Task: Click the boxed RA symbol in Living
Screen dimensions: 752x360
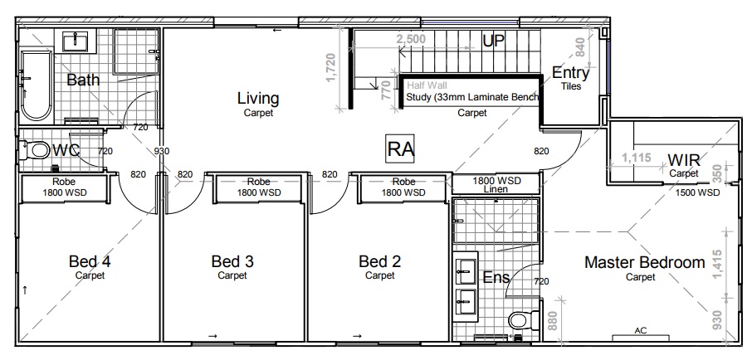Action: (400, 148)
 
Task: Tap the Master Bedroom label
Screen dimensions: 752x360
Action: (645, 262)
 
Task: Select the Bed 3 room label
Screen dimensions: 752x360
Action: (232, 261)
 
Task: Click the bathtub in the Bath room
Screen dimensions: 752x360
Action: (36, 85)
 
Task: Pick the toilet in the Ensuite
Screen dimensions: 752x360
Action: (524, 319)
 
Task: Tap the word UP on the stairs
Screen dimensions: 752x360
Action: (494, 41)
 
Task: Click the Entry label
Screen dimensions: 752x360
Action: (571, 72)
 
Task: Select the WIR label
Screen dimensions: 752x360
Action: (684, 159)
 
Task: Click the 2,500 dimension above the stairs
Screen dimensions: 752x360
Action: (411, 39)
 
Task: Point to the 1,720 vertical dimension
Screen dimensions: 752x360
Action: (330, 67)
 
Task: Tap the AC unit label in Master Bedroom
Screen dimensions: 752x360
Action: (641, 330)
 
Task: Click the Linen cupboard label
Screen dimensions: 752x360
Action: (497, 189)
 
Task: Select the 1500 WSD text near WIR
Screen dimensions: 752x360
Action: (697, 192)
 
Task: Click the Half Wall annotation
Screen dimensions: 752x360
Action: (427, 85)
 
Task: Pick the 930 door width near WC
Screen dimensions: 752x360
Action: (162, 151)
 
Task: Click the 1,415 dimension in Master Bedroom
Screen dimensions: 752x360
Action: (716, 265)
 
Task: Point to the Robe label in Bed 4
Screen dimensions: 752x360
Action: (63, 182)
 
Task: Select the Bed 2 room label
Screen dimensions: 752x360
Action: (380, 261)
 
